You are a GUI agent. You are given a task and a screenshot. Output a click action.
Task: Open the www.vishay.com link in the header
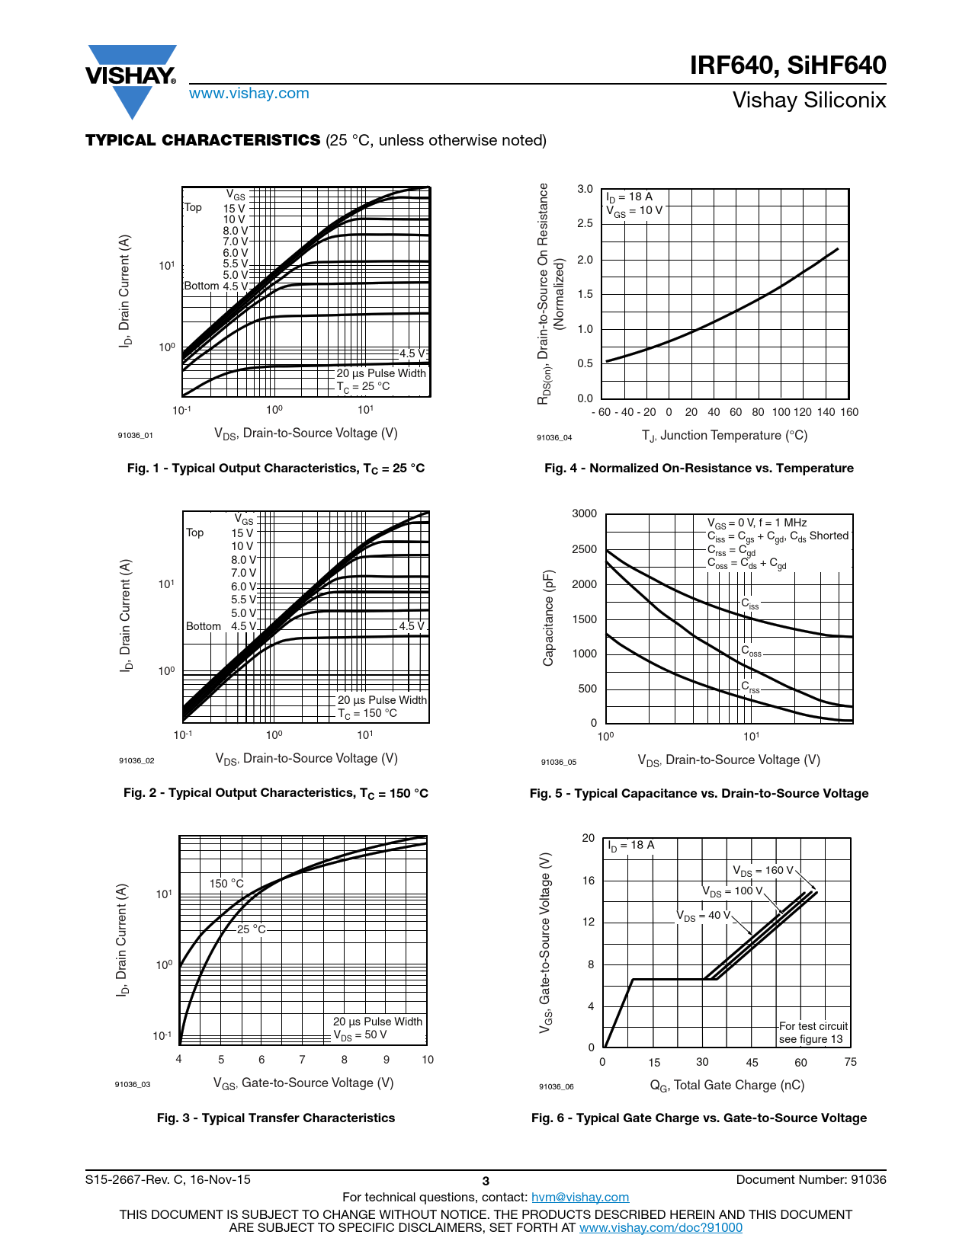[x=249, y=94]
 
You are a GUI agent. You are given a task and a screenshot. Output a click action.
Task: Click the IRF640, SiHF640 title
[x=788, y=66]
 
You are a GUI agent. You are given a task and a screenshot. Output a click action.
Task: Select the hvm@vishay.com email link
[x=579, y=1197]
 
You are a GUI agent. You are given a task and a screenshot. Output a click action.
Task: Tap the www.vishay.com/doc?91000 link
[x=660, y=1227]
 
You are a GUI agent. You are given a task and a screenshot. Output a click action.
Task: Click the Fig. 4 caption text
[x=698, y=468]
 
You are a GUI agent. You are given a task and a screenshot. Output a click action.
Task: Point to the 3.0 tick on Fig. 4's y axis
[x=585, y=189]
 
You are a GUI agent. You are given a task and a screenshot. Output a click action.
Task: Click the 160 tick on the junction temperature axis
[x=848, y=412]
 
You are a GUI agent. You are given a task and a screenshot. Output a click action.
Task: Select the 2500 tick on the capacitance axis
[x=584, y=549]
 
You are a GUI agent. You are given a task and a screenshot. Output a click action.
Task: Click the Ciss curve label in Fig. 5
[x=750, y=603]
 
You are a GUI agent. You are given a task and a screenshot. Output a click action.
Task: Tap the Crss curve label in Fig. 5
[x=750, y=686]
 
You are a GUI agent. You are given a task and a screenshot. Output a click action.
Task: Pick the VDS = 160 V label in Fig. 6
[x=763, y=871]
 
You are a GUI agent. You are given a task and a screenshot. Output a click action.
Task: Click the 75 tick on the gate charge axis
[x=850, y=1062]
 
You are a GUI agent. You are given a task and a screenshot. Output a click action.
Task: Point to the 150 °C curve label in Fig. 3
[x=226, y=884]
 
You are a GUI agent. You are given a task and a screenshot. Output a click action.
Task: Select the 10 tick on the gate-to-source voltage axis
[x=428, y=1060]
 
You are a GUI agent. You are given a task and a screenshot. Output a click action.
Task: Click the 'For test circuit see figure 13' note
[x=813, y=1032]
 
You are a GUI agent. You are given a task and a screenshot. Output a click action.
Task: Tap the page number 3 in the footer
[x=486, y=1181]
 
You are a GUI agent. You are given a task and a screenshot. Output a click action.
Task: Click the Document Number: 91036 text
[x=810, y=1179]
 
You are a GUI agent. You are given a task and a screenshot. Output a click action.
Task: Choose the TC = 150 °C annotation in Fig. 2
[x=367, y=713]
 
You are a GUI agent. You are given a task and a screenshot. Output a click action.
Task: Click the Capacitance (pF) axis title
[x=548, y=618]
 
